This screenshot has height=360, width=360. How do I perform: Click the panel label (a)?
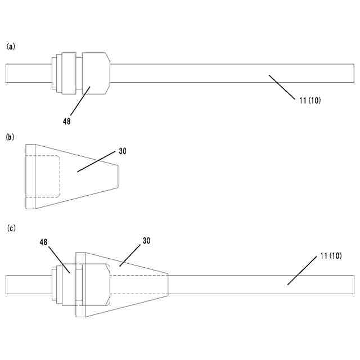pyautogui.click(x=10, y=47)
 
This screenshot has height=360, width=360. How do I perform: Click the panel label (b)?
pyautogui.click(x=10, y=137)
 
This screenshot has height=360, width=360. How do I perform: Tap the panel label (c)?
pyautogui.click(x=10, y=228)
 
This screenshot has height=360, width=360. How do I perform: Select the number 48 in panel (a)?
pyautogui.click(x=67, y=120)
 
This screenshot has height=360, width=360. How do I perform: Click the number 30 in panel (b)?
pyautogui.click(x=123, y=151)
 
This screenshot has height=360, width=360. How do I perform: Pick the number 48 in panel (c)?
pyautogui.click(x=43, y=241)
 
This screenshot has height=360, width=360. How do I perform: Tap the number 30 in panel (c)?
pyautogui.click(x=146, y=240)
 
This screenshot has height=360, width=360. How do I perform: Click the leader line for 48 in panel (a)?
pyautogui.click(x=79, y=102)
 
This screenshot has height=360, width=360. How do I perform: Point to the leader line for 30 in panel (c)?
pyautogui.click(x=130, y=253)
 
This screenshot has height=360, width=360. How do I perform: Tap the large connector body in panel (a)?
pyautogui.click(x=94, y=73)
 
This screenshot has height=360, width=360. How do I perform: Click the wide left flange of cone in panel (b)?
pyautogui.click(x=30, y=177)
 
